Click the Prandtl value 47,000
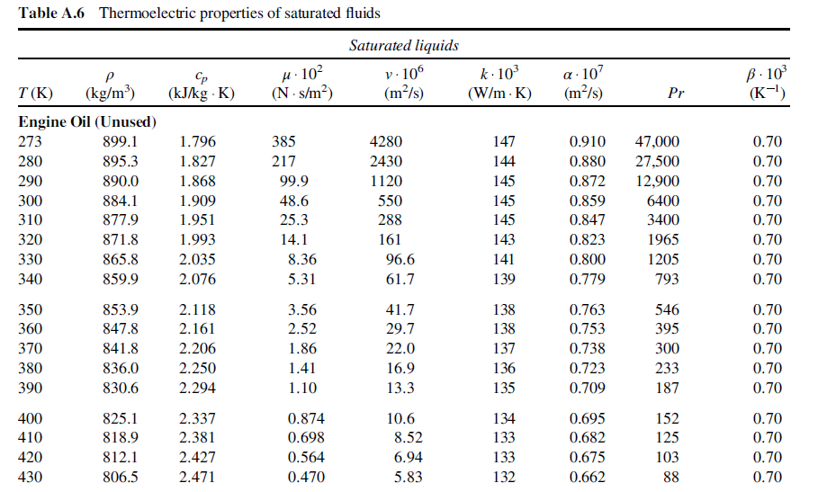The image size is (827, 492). pyautogui.click(x=657, y=141)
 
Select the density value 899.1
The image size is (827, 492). pyautogui.click(x=121, y=141)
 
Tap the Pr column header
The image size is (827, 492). pyautogui.click(x=676, y=94)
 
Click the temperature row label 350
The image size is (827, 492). pyautogui.click(x=30, y=309)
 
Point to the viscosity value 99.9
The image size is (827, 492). pyautogui.click(x=293, y=181)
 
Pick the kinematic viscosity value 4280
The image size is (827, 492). pyautogui.click(x=385, y=141)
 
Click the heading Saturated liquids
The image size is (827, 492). pyautogui.click(x=404, y=45)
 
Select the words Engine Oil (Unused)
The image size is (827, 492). pyautogui.click(x=87, y=121)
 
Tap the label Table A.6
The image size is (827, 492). pyautogui.click(x=51, y=13)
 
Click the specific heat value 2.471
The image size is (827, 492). pyautogui.click(x=197, y=478)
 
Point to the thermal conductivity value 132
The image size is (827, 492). pyautogui.click(x=504, y=478)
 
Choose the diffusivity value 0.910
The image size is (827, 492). pyautogui.click(x=587, y=141)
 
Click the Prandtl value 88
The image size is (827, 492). pyautogui.click(x=671, y=478)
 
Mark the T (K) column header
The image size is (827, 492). pyautogui.click(x=35, y=94)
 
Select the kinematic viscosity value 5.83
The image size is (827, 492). pyautogui.click(x=409, y=478)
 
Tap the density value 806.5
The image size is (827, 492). pyautogui.click(x=121, y=478)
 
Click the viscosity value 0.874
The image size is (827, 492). pyautogui.click(x=306, y=419)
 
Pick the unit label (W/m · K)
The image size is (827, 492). pyautogui.click(x=499, y=94)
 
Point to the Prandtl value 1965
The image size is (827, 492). pyautogui.click(x=663, y=240)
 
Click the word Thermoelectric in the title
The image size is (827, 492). pyautogui.click(x=139, y=13)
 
